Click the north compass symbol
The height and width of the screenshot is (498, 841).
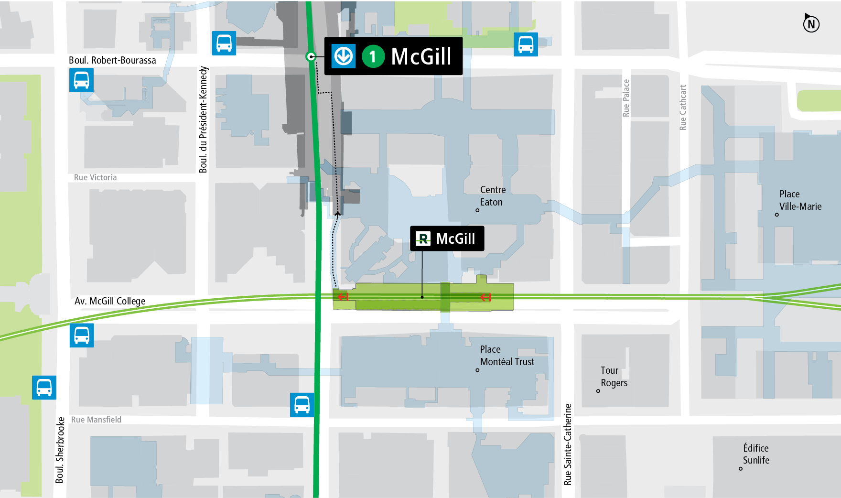coord(811,23)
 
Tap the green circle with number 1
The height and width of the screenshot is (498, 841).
coord(373,56)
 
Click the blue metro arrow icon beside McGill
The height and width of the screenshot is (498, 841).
coord(344,56)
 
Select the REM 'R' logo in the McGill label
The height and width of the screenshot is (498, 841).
coord(423,238)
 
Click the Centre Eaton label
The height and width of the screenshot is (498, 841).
coord(492,196)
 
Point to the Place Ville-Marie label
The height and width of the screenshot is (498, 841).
coord(800,200)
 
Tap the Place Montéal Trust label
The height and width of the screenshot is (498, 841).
coord(507,356)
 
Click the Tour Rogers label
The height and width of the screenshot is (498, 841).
coord(614,377)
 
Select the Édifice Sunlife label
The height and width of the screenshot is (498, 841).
coord(755,454)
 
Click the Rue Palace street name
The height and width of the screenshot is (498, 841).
coord(626,98)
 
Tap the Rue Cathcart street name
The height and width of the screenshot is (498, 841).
coord(683,108)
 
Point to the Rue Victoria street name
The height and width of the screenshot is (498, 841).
coord(95,177)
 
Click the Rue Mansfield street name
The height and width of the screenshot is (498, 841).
coord(96,420)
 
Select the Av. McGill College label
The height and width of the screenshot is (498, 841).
coord(110,301)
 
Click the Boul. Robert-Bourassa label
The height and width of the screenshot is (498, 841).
coord(112,60)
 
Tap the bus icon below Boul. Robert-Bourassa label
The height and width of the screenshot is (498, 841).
coord(81,80)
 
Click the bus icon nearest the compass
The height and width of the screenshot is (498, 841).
coord(526,44)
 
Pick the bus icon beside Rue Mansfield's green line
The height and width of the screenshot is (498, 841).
coord(302,405)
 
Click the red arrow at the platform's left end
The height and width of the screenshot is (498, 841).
coord(343,297)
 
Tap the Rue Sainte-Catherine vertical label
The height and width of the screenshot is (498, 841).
coord(568,444)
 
